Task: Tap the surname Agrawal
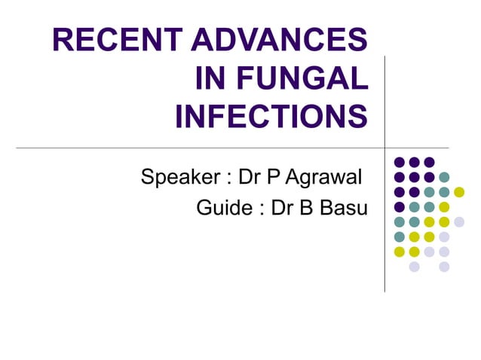(x=321, y=178)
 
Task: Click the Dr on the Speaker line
(x=249, y=178)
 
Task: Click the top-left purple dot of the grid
(x=399, y=162)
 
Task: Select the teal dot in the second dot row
(x=444, y=177)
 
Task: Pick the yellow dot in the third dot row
(x=459, y=192)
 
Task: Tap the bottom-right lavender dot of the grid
(x=444, y=267)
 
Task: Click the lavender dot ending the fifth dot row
(x=459, y=221)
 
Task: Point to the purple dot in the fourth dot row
(x=399, y=207)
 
